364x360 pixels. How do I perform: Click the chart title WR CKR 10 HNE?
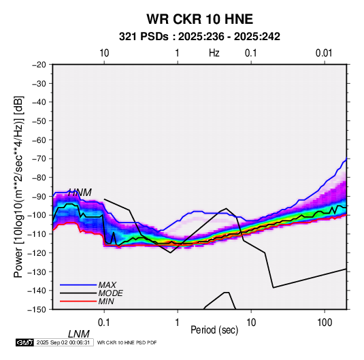tap(199, 19)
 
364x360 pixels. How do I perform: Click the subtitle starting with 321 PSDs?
tap(199, 37)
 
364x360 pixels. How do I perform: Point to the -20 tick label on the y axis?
tap(39, 65)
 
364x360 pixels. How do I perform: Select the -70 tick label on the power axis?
tap(39, 159)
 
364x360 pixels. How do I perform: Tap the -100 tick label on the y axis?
tap(37, 215)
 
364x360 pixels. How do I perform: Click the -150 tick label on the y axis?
tap(37, 310)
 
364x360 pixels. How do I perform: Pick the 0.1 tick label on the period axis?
tap(104, 323)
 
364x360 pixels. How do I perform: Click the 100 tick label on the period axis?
tap(325, 323)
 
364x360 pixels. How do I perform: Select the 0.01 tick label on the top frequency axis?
tap(324, 53)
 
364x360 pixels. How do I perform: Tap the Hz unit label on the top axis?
tap(214, 53)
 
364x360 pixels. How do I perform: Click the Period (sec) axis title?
tap(214, 330)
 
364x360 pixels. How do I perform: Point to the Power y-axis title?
tap(18, 186)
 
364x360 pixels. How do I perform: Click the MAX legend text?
tap(107, 284)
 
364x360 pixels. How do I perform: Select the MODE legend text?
tap(110, 293)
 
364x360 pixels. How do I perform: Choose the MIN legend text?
tap(106, 301)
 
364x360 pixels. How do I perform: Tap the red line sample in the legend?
tap(78, 301)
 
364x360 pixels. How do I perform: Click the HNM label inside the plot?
tap(80, 193)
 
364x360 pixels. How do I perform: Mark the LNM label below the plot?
tap(79, 334)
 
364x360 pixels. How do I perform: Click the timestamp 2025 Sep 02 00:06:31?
tap(63, 342)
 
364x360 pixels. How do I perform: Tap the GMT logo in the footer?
tap(25, 342)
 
